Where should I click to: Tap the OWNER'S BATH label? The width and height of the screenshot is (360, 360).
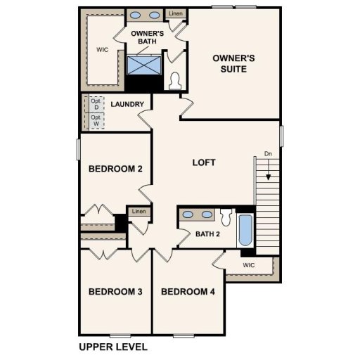[x=148, y=38]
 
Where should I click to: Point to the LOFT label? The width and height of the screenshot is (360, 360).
[x=204, y=162]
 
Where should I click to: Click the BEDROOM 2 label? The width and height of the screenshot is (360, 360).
[x=116, y=169]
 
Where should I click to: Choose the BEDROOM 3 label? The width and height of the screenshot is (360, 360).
[x=116, y=292]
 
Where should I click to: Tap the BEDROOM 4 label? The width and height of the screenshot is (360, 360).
[x=187, y=292]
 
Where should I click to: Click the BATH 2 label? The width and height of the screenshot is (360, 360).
[x=209, y=234]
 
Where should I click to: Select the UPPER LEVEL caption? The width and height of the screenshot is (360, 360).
[x=113, y=347]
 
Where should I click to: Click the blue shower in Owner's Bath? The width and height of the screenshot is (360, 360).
[x=144, y=65]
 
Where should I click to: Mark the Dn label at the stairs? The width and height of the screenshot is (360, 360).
[x=267, y=153]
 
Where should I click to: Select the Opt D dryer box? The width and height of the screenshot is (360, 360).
[x=96, y=104]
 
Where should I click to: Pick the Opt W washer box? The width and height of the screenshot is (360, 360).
[x=96, y=121]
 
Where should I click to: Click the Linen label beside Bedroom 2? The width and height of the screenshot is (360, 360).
[x=139, y=212]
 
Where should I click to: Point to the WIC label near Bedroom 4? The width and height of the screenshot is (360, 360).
[x=248, y=265]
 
